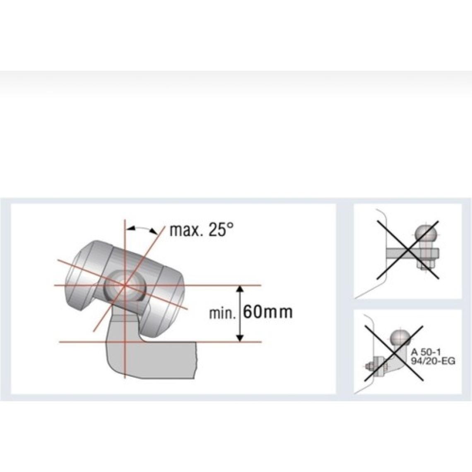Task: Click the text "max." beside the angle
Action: coord(185,231)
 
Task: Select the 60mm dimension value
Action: coord(267,312)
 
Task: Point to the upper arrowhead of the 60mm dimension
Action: coord(240,289)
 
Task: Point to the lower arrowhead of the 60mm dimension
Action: coord(240,338)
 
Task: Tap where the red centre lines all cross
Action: coord(124,285)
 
